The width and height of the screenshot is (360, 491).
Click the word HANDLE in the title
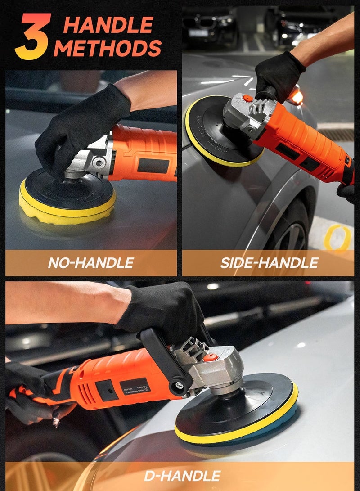tap(108, 26)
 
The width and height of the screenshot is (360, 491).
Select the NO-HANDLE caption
tap(91, 262)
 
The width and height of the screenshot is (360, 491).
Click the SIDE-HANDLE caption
tap(269, 262)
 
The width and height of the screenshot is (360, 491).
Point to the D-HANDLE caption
tap(182, 475)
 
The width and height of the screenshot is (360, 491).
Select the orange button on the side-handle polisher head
tap(246, 98)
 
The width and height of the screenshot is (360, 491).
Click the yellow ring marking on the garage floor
tap(337, 237)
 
